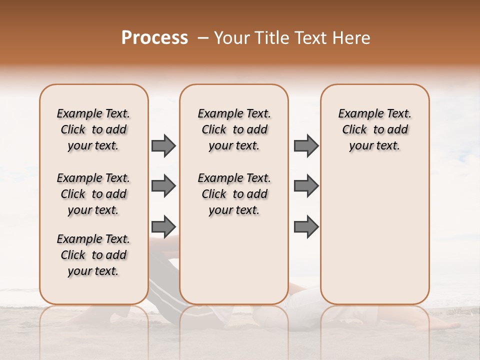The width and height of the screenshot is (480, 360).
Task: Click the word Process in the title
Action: pyautogui.click(x=154, y=38)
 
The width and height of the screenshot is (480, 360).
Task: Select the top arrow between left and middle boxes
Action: pyautogui.click(x=163, y=146)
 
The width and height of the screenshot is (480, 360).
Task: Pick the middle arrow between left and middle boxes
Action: pyautogui.click(x=163, y=186)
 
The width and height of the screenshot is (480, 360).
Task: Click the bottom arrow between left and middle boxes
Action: pyautogui.click(x=163, y=227)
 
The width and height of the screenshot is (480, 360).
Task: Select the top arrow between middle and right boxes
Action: pyautogui.click(x=306, y=146)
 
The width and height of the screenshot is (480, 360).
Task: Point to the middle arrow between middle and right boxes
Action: pyautogui.click(x=306, y=186)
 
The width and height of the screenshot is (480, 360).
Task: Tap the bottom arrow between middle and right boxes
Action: pyautogui.click(x=306, y=227)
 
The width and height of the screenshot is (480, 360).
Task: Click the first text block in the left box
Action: pyautogui.click(x=93, y=129)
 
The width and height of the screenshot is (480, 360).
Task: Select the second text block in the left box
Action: pyautogui.click(x=93, y=194)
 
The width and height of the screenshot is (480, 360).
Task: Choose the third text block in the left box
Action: pyautogui.click(x=93, y=255)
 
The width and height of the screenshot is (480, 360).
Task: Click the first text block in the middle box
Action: pyautogui.click(x=234, y=129)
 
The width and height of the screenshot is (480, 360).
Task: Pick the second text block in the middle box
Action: pyautogui.click(x=234, y=194)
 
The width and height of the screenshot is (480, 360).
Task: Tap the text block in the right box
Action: pyautogui.click(x=374, y=129)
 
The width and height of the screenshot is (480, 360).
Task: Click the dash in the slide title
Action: pyautogui.click(x=203, y=38)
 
